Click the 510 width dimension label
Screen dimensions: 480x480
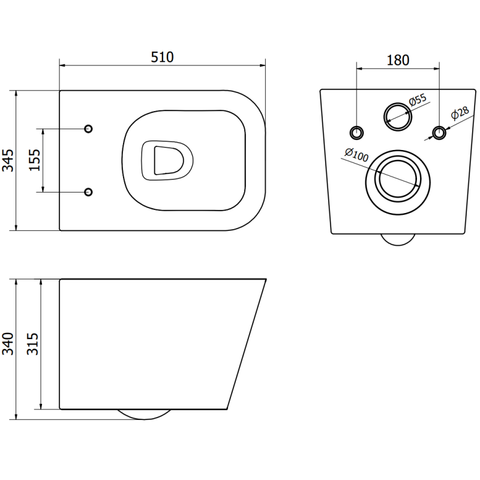pyautogui.click(x=162, y=57)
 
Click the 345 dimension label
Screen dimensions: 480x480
pyautogui.click(x=8, y=160)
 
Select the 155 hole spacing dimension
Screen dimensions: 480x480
pyautogui.click(x=34, y=160)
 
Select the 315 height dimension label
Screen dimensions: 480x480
pyautogui.click(x=33, y=344)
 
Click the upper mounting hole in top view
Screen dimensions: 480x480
pyautogui.click(x=88, y=129)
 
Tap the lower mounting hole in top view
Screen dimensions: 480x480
pyautogui.click(x=88, y=191)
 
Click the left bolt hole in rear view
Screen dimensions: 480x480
pyautogui.click(x=356, y=132)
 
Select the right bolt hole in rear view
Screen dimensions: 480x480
pyautogui.click(x=439, y=132)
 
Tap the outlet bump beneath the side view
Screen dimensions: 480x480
pyautogui.click(x=143, y=415)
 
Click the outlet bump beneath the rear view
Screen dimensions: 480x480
pyautogui.click(x=397, y=239)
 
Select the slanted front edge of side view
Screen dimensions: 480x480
pyautogui.click(x=247, y=344)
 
